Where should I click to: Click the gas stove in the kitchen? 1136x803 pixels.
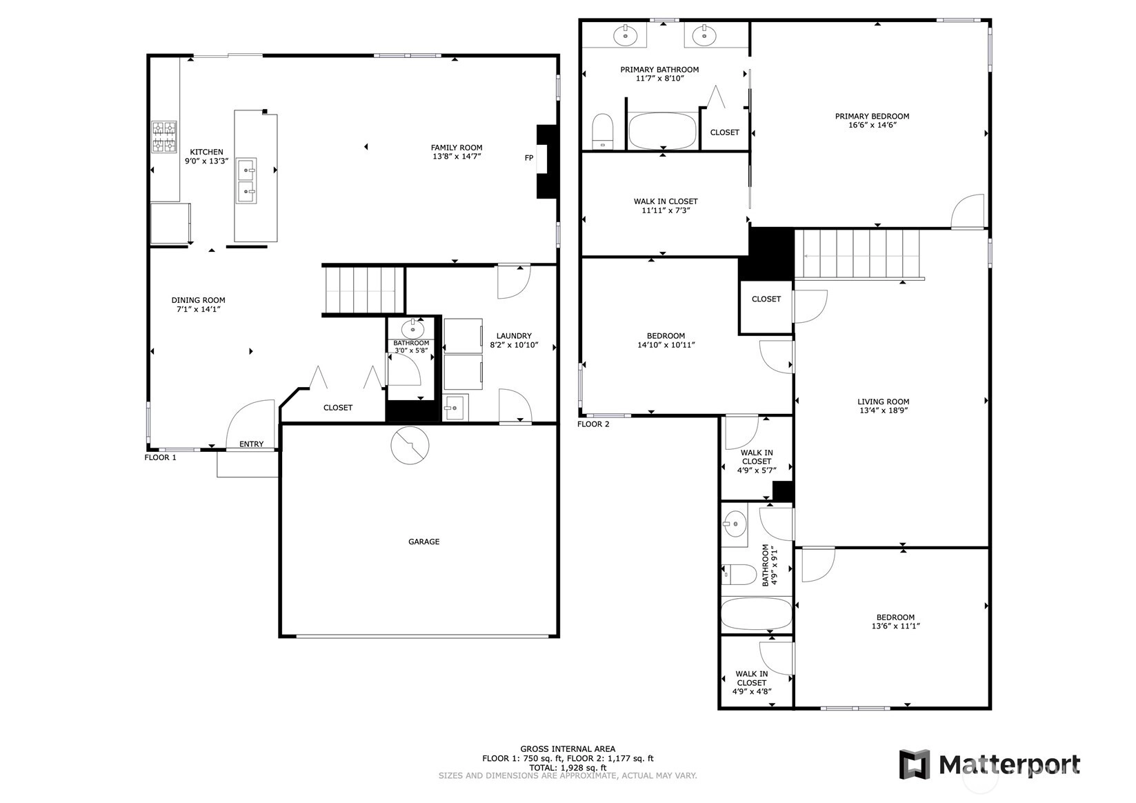point(164,137)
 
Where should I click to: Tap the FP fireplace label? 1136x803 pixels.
point(529,158)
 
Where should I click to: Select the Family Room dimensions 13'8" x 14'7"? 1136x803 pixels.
point(457,157)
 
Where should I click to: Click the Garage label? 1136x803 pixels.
point(424,542)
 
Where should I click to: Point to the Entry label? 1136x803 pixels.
point(252,444)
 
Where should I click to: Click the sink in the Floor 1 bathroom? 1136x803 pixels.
point(413,329)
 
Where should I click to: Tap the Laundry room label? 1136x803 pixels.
point(514,336)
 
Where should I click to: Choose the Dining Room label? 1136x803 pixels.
point(198,300)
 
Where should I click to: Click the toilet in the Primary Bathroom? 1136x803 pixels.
point(602,131)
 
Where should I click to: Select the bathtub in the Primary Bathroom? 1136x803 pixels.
point(663,131)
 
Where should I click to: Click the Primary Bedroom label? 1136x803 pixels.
point(873,116)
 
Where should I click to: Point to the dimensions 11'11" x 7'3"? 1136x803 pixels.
point(666,210)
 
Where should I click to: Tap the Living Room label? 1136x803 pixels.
point(884,401)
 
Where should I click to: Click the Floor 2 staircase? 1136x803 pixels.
point(861,254)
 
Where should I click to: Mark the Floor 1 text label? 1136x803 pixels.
point(160,457)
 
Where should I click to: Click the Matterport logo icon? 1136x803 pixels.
point(915,764)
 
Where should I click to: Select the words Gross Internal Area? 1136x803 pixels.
point(568,749)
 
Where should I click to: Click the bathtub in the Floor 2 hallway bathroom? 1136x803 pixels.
point(756,613)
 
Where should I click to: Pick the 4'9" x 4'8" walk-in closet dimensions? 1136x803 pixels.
point(752,691)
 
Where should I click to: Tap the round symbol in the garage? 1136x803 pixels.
point(410,446)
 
